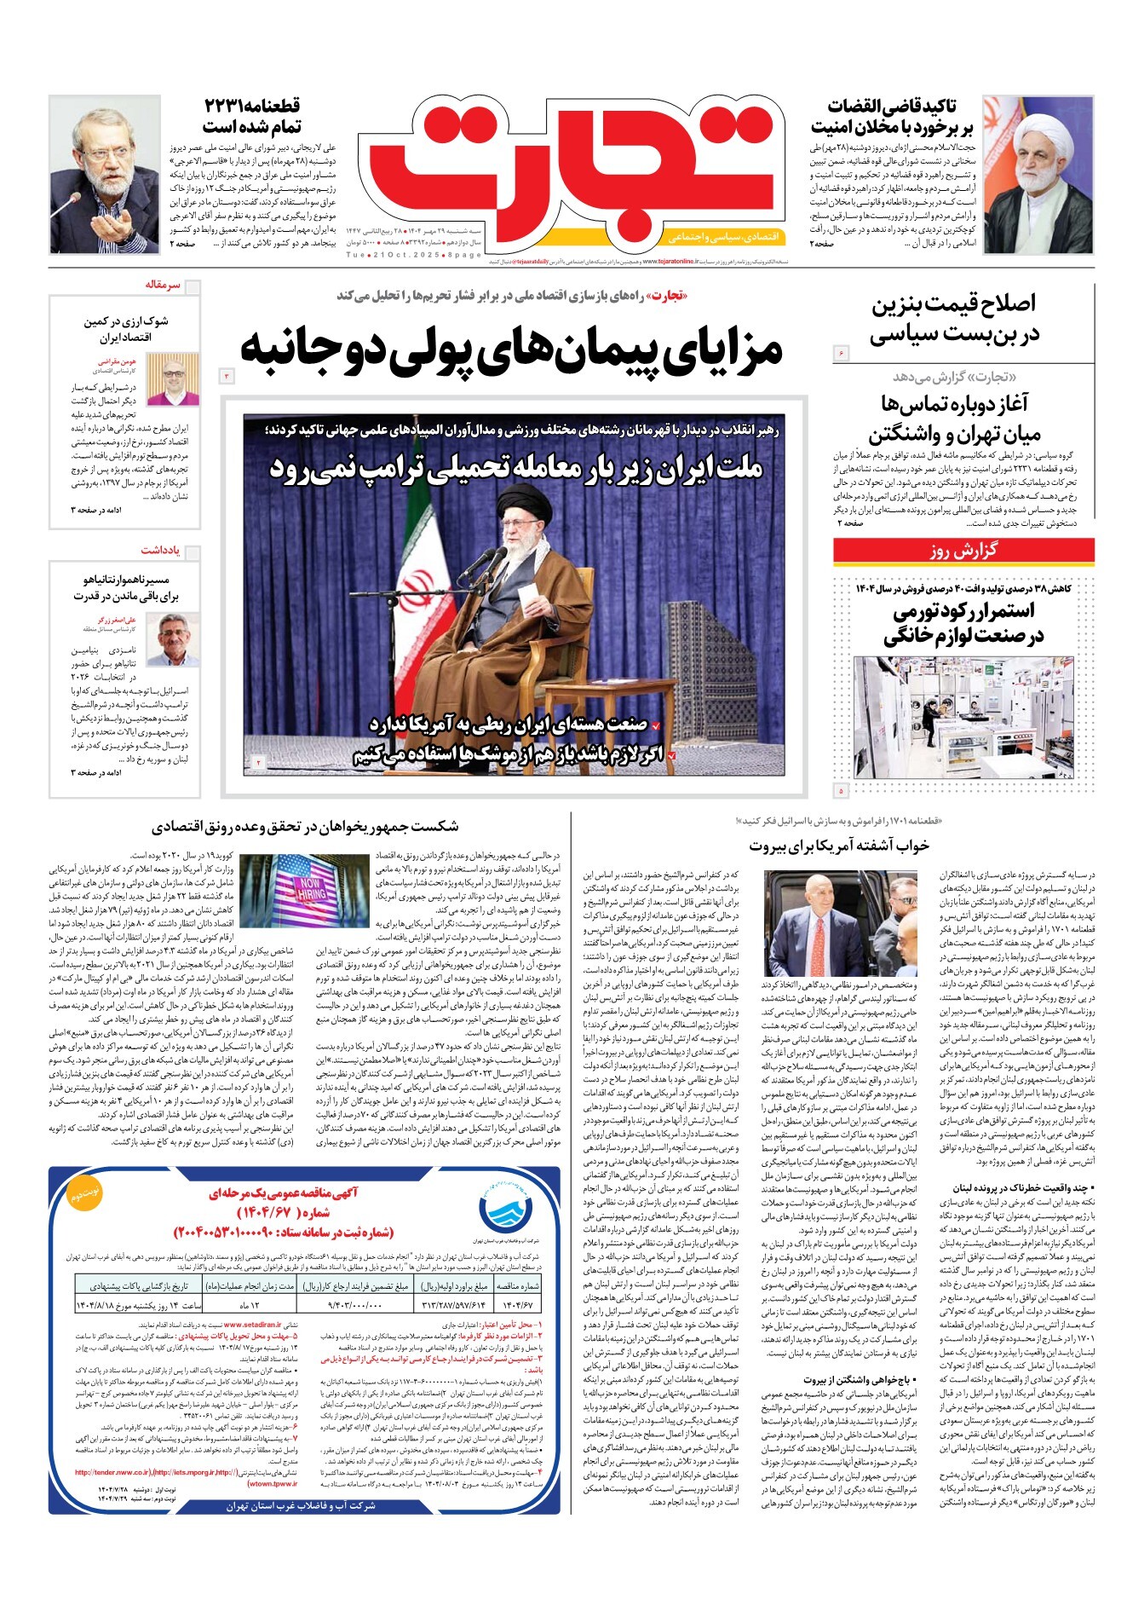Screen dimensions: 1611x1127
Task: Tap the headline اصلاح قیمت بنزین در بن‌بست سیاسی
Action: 954,319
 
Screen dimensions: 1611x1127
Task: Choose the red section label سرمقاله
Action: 163,285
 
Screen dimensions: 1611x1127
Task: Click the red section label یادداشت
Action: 160,551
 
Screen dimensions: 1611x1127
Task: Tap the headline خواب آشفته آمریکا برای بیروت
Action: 839,846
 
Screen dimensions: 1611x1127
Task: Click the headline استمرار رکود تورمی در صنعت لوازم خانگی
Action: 963,623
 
